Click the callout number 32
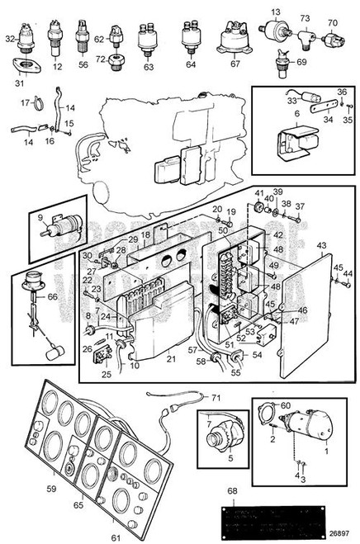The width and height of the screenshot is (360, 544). (11, 39)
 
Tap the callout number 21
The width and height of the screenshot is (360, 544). (169, 357)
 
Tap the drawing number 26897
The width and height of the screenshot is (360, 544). (338, 532)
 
